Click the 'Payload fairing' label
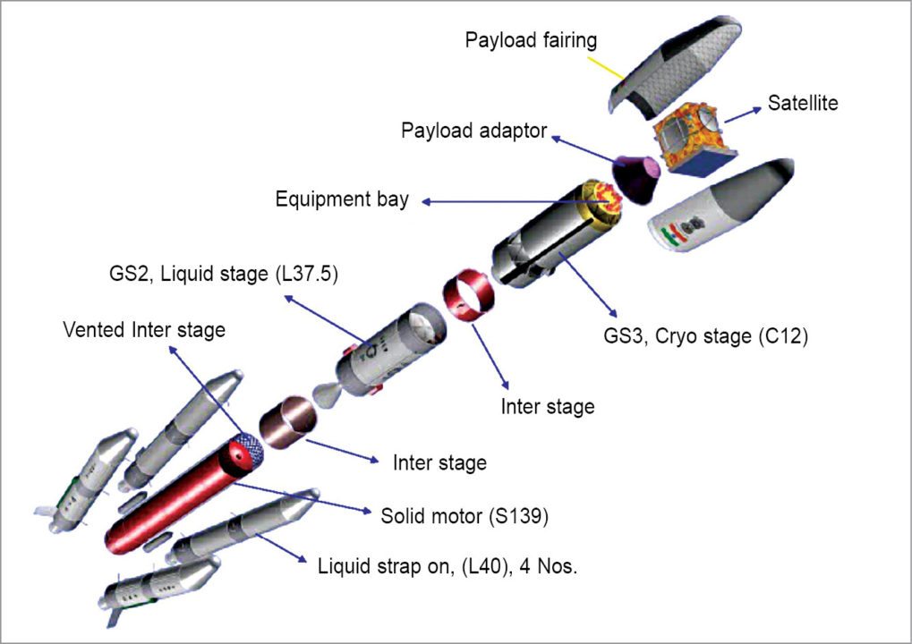tap(530, 40)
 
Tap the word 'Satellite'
tap(802, 103)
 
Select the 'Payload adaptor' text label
tap(473, 131)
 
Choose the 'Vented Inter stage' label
tap(143, 330)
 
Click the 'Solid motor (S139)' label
tap(464, 516)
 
